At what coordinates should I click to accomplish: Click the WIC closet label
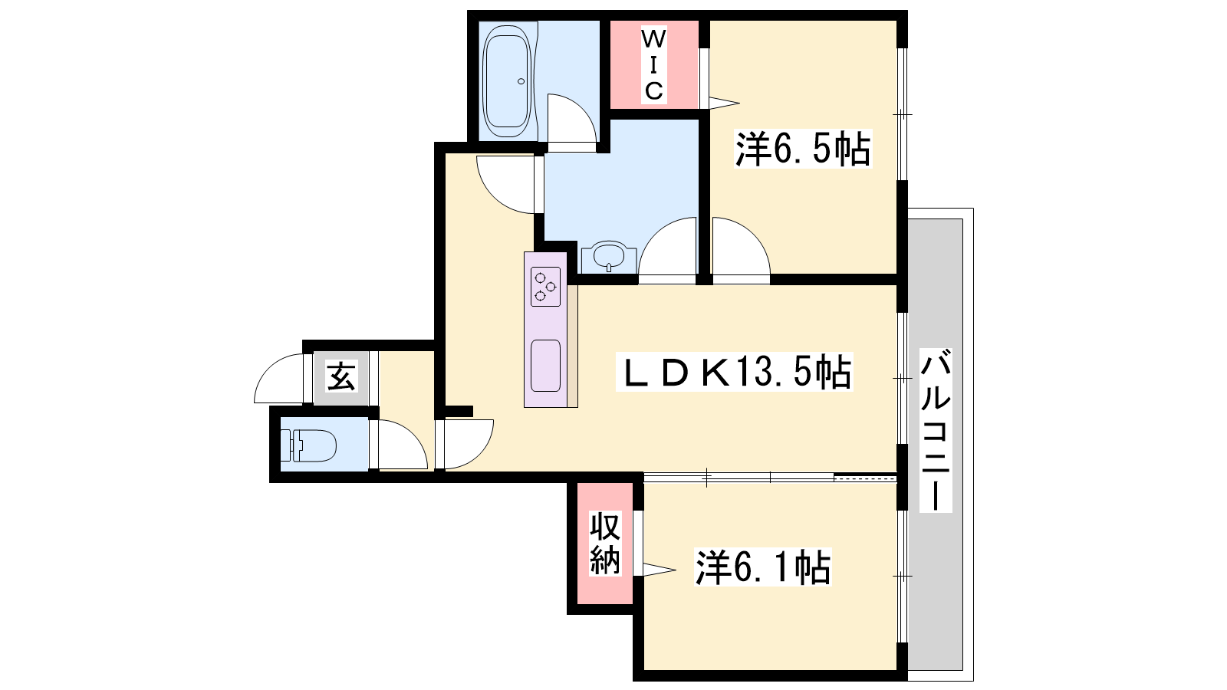pyautogui.click(x=653, y=65)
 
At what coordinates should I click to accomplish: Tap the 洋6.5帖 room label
pyautogui.click(x=803, y=149)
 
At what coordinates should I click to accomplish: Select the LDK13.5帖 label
pyautogui.click(x=735, y=371)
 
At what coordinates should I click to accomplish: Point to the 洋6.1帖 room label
pyautogui.click(x=763, y=567)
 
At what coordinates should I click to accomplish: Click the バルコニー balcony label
pyautogui.click(x=935, y=430)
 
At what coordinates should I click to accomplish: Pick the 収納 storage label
pyautogui.click(x=605, y=544)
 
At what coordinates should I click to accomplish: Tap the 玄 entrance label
pyautogui.click(x=341, y=376)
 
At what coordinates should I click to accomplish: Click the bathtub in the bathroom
pyautogui.click(x=507, y=81)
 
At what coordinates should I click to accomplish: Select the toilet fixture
pyautogui.click(x=308, y=445)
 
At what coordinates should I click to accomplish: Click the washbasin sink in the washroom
pyautogui.click(x=609, y=258)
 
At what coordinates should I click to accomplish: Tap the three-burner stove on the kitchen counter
pyautogui.click(x=545, y=287)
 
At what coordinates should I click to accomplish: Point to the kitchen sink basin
pyautogui.click(x=545, y=366)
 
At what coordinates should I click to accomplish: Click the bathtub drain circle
pyautogui.click(x=521, y=81)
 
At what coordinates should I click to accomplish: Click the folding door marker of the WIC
pyautogui.click(x=724, y=103)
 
